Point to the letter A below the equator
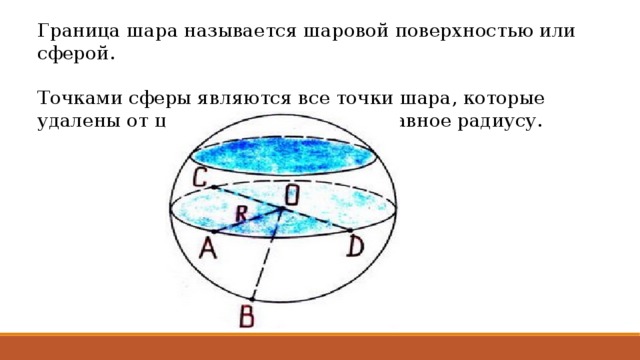tap(208, 248)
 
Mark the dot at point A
tap(213, 232)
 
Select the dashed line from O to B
tap(267, 256)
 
